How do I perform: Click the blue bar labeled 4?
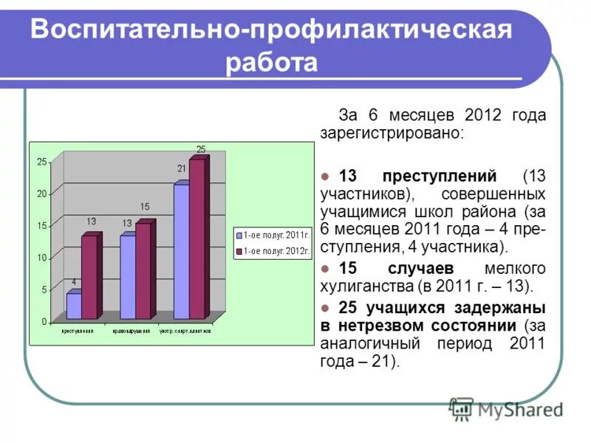(x=73, y=306)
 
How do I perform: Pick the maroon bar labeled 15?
(x=143, y=271)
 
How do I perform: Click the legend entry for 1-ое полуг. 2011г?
(x=271, y=235)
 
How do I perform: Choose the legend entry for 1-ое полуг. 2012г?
(x=271, y=252)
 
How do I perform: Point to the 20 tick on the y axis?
(x=41, y=193)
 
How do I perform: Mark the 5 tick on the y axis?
(x=44, y=290)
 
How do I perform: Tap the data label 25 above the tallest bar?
(x=200, y=149)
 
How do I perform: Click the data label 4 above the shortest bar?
(x=73, y=281)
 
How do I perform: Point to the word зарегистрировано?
(x=391, y=134)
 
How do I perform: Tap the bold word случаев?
(x=424, y=268)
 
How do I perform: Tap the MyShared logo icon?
(x=462, y=408)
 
